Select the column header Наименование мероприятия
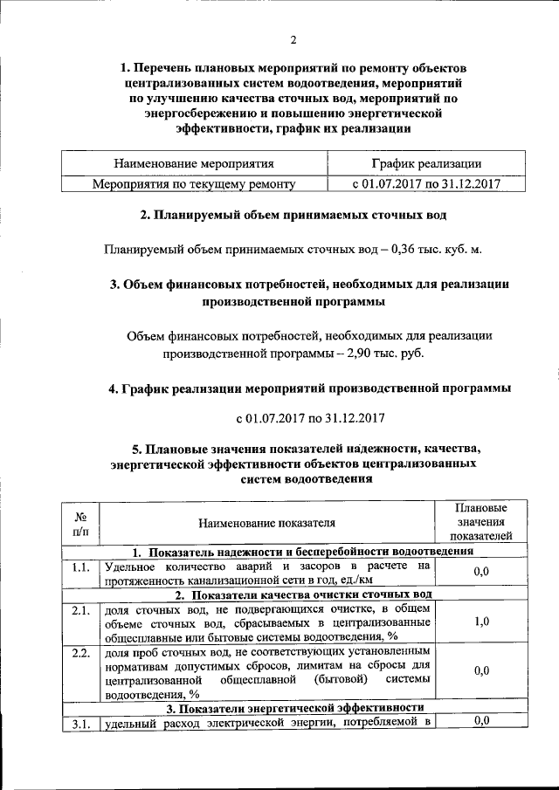tap(195, 163)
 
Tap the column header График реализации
tap(425, 163)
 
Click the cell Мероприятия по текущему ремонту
tap(195, 184)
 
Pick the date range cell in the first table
tap(425, 184)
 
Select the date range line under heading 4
tap(311, 417)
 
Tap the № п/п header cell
tap(79, 523)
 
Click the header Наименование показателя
tap(266, 524)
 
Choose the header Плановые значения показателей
tap(480, 523)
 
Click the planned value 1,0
tap(480, 622)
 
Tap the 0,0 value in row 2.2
tap(480, 671)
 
